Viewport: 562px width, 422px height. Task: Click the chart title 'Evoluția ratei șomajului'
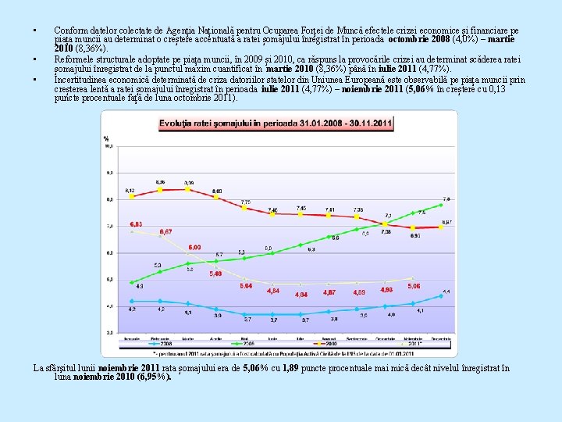276,123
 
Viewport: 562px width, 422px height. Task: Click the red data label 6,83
135,224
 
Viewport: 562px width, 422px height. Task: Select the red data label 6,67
165,232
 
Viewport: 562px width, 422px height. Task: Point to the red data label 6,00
194,247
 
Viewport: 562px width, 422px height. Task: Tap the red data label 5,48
216,274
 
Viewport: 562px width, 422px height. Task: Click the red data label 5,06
414,286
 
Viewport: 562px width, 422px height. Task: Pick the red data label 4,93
386,289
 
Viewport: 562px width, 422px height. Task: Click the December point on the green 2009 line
442,205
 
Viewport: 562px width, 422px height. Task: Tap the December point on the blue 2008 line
442,297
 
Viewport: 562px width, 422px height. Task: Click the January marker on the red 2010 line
131,197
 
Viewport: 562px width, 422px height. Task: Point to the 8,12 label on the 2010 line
130,190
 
